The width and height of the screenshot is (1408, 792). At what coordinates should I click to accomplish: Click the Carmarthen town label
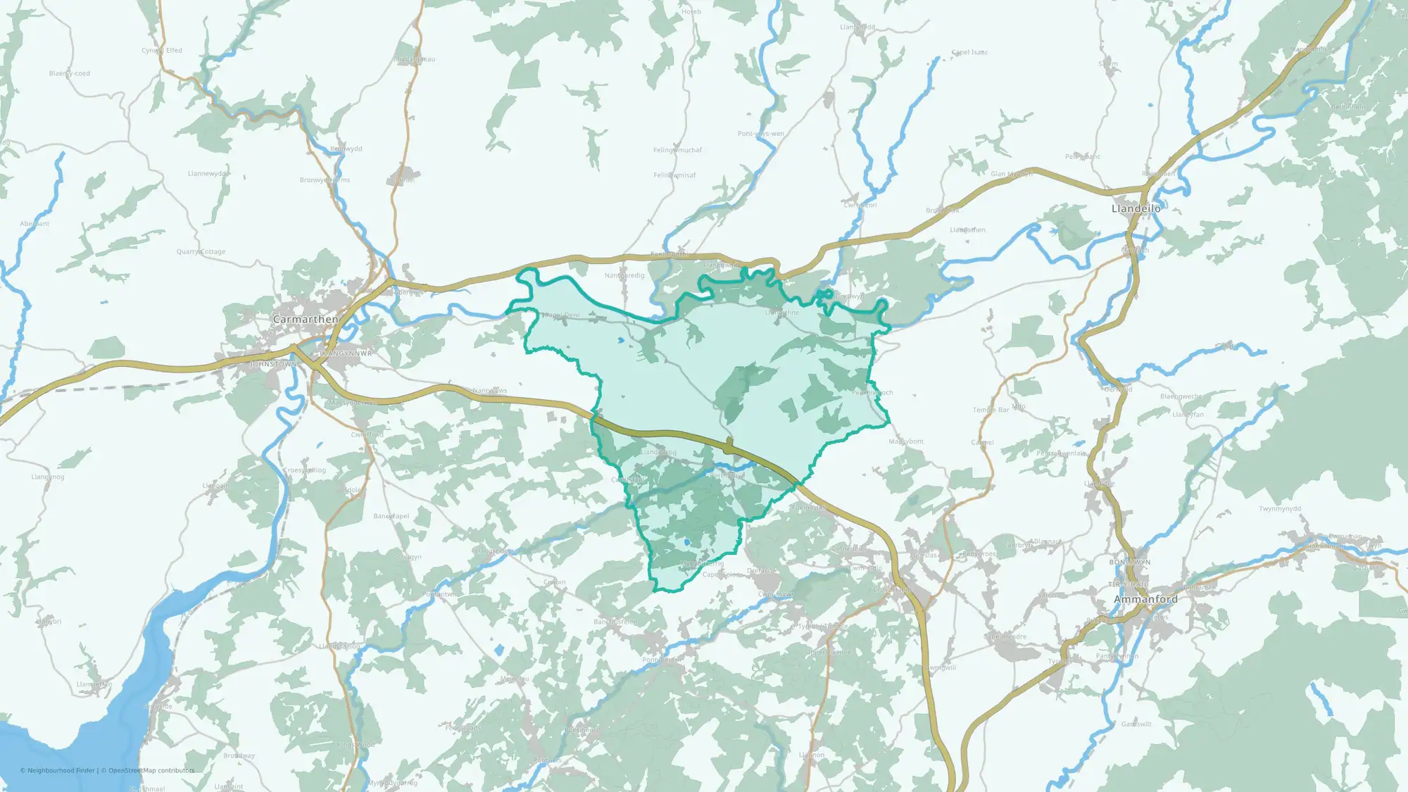coord(306,319)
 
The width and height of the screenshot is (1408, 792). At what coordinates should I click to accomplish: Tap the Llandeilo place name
coord(1136,208)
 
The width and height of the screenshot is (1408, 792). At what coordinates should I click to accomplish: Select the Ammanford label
coord(1145,599)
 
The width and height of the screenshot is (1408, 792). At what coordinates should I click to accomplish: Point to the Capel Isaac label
coord(969,52)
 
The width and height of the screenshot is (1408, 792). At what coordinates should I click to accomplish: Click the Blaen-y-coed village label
coord(69,73)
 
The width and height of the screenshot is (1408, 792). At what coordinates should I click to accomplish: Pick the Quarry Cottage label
coord(201,251)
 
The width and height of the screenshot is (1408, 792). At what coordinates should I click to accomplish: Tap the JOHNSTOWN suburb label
coord(273,364)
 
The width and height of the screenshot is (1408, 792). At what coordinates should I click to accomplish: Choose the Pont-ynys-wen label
coord(760,134)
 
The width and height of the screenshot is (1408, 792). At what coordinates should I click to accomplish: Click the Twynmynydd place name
coord(1280,508)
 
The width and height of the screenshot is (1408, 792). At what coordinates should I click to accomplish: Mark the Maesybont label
coord(905,441)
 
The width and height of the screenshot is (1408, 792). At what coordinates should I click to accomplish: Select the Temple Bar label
coord(990,410)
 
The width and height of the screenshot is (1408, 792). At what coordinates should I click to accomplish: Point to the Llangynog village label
coord(48,477)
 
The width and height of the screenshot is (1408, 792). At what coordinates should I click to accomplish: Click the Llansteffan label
coord(94,684)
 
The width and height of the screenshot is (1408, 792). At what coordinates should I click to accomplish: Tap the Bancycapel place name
coord(391,516)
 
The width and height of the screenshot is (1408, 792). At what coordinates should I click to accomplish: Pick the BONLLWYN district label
coord(1129,562)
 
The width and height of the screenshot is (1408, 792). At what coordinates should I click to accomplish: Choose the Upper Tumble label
coord(828,653)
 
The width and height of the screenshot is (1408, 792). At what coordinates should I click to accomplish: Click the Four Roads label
coord(463,728)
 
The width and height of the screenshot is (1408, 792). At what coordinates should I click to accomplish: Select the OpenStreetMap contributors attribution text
coord(148,770)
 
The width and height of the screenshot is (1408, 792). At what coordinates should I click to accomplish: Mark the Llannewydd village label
coord(208,173)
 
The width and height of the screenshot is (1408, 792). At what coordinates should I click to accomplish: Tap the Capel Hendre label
coord(1005,636)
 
